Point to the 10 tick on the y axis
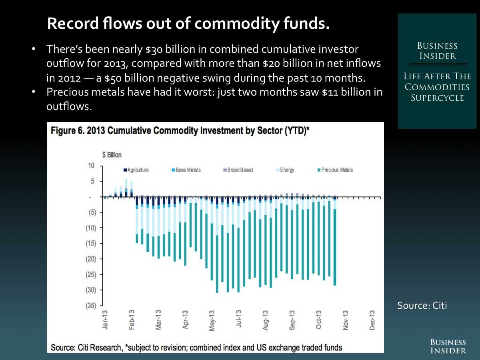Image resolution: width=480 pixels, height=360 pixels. coord(91,166)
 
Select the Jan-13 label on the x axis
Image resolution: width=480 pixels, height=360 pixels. coord(105,320)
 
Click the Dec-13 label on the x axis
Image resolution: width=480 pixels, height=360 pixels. coord(372,320)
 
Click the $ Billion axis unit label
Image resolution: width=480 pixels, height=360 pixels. coord(112,155)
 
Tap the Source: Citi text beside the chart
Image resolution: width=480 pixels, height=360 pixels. coord(422,306)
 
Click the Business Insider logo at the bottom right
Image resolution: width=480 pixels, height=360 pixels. coord(448,346)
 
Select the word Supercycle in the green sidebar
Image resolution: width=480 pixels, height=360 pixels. coord(437,98)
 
